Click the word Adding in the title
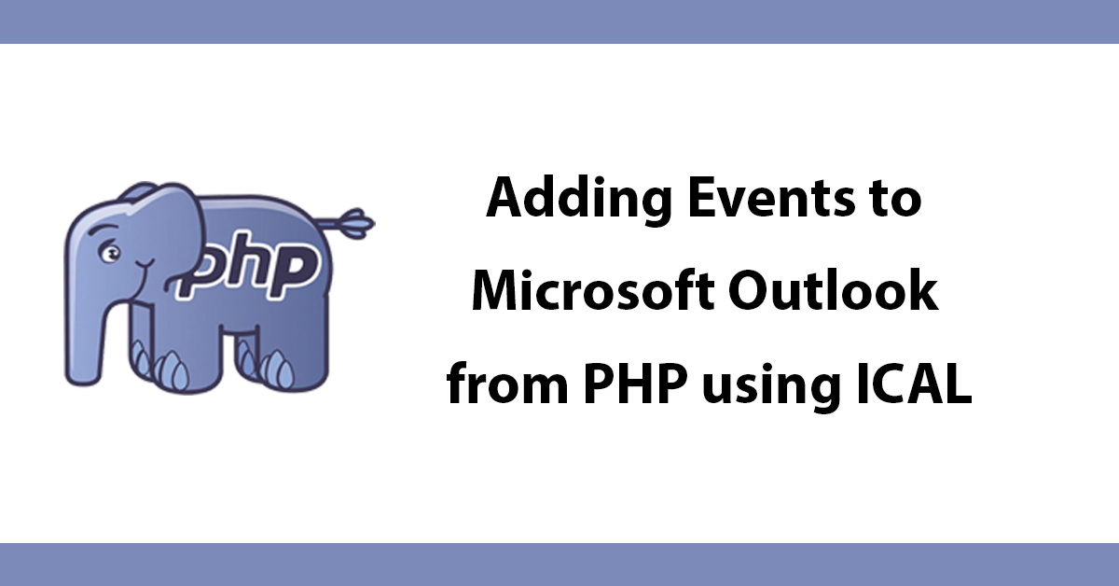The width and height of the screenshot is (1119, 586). pos(578,201)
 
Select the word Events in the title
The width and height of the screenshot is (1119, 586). pos(771,199)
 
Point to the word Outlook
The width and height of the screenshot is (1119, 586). pos(833,291)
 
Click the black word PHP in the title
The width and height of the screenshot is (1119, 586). pos(633,384)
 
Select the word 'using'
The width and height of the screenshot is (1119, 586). pos(771,387)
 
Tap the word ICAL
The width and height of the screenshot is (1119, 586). pos(914,384)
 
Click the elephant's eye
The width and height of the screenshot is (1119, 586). pos(110,253)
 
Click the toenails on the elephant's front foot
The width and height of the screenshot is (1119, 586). pos(160,366)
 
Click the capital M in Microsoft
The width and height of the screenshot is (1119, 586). pos(501,290)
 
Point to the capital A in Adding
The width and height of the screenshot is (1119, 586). pos(507,199)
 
